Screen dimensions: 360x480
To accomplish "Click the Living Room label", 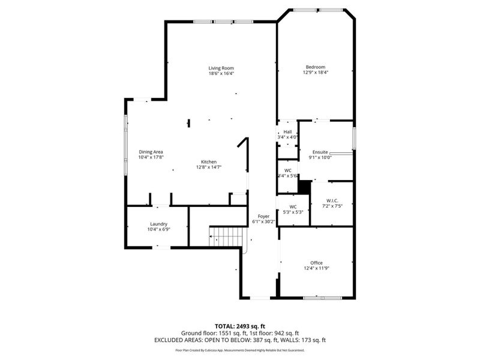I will (221, 68).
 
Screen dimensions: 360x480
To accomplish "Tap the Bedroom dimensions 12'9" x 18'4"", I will (315, 73).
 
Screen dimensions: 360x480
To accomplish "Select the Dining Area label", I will (151, 152).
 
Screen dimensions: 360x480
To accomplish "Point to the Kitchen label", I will (208, 162).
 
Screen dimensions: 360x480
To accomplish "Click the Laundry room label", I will (158, 224).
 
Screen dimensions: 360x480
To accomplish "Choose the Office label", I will (316, 263).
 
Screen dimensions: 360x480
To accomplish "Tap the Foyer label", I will (264, 216).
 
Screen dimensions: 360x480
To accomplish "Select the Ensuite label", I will (320, 152).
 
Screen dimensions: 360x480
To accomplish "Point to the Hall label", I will (287, 131).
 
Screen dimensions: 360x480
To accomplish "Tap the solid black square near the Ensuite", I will (305, 187).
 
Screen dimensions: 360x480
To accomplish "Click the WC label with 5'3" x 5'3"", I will (293, 206).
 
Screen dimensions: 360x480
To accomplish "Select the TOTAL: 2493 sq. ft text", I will (240, 326).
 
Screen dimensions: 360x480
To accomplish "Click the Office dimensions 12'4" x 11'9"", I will (316, 268).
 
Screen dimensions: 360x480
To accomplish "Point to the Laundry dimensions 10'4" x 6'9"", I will (158, 229).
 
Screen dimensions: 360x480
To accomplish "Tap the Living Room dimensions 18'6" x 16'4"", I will (221, 74).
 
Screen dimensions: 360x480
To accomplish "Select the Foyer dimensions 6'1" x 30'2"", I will (264, 221).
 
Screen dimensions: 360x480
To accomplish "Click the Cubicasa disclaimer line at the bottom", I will (240, 350).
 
